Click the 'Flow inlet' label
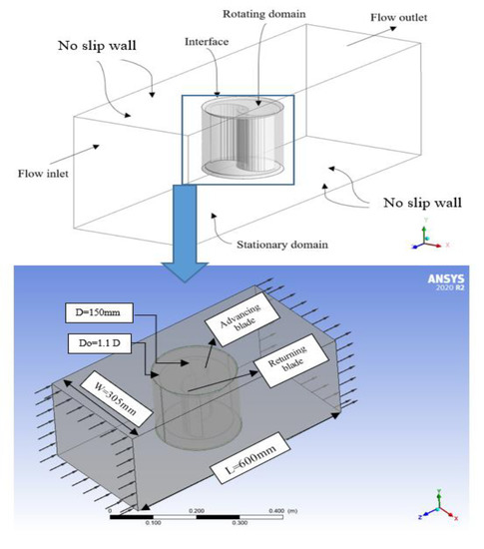43,174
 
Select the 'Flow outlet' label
398,17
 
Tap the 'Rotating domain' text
264,14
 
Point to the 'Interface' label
207,42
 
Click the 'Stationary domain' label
282,245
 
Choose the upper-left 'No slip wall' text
97,46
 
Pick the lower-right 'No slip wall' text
422,203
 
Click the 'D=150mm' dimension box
99,312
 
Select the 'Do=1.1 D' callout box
100,343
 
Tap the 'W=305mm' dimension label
116,399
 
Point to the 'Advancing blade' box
242,319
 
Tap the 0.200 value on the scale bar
197,511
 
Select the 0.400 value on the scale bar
276,511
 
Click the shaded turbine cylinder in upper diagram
242,137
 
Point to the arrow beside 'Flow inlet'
75,155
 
